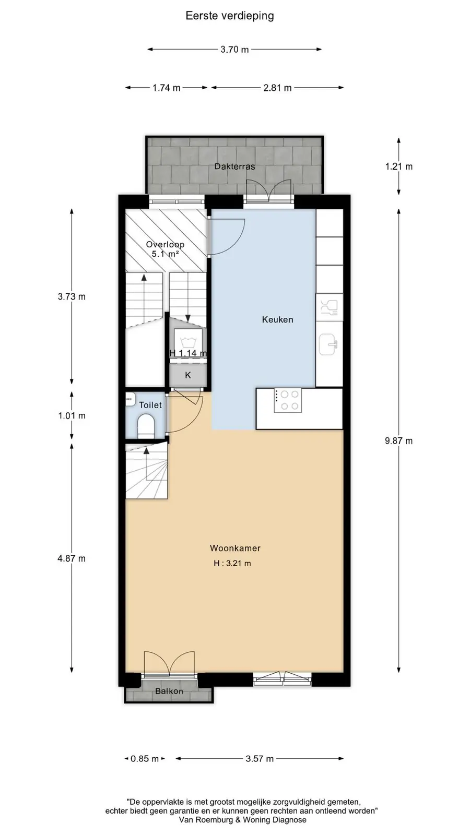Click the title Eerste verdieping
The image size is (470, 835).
pos(230,16)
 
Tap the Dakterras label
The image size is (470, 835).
pos(234,166)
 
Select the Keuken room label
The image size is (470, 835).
pos(277,319)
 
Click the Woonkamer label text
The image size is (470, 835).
pos(235,548)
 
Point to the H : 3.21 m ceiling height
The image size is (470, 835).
pos(232,563)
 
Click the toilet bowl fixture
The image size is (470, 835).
pos(146,427)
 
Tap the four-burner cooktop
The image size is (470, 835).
pos(288,400)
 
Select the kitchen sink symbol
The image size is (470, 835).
pos(328,344)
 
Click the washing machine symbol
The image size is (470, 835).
pos(188,342)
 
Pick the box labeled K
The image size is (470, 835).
pos(188,375)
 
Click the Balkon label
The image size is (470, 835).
pos(169,691)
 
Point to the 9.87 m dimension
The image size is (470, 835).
pos(399,441)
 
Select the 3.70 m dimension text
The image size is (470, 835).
pos(234,49)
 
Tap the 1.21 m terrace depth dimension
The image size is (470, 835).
pos(399,166)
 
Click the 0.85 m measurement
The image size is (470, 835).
pos(145,759)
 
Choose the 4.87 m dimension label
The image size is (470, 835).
pos(72,558)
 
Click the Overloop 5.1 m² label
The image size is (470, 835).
pos(165,249)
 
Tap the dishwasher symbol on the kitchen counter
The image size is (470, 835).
pos(329,307)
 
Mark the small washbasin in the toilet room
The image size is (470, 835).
pos(130,399)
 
